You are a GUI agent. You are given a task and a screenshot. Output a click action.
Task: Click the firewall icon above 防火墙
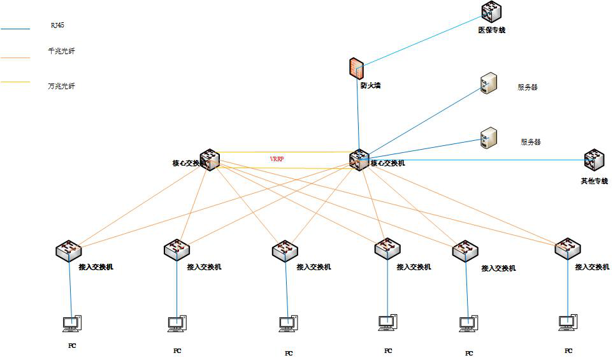click(356, 68)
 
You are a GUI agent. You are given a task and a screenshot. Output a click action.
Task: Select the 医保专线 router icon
click(491, 11)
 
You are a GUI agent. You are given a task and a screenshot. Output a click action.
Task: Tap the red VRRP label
click(277, 158)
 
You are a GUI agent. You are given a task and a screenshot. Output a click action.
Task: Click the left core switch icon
click(210, 160)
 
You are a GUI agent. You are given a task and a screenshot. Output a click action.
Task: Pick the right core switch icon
click(359, 159)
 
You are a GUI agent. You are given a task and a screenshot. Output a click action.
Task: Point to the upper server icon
click(489, 83)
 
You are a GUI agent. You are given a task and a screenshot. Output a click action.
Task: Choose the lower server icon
click(489, 138)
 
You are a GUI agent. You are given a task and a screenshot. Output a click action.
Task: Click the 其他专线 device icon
click(594, 160)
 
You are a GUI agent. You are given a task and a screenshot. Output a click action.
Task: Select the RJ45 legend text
click(57, 25)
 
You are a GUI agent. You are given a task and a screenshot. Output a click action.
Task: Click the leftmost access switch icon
click(68, 250)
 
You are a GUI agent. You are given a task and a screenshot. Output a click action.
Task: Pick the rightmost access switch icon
click(566, 248)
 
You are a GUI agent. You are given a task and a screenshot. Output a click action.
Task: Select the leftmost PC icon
click(71, 324)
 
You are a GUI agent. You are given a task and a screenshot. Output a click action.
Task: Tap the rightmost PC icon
click(566, 323)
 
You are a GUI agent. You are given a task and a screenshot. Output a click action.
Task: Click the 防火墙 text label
click(370, 85)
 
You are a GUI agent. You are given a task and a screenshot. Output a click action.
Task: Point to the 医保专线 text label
click(491, 30)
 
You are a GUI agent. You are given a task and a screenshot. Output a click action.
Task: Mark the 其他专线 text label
click(594, 181)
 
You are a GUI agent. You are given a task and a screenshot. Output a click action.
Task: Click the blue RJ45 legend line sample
click(15, 29)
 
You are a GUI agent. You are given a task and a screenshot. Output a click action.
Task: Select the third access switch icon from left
click(284, 250)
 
